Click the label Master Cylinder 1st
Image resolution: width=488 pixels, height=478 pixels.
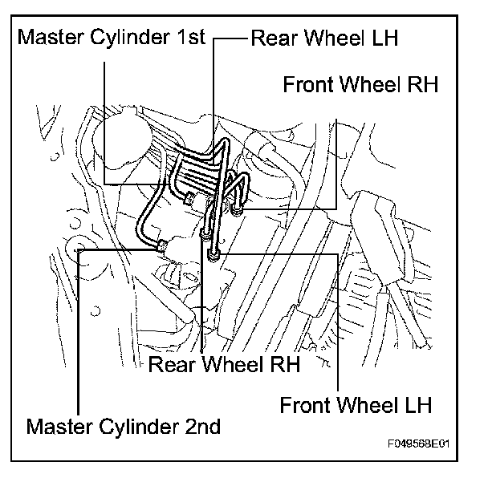pyautogui.click(x=112, y=38)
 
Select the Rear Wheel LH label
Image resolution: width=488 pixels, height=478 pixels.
pyautogui.click(x=324, y=38)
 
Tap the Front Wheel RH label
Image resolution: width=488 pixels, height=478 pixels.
pyautogui.click(x=360, y=84)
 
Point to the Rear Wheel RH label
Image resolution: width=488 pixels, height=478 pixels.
pyautogui.click(x=224, y=364)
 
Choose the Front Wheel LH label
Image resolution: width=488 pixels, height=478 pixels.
pyautogui.click(x=356, y=404)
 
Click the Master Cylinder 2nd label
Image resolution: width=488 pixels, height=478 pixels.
pyautogui.click(x=124, y=427)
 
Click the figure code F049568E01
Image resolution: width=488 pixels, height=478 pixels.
pyautogui.click(x=419, y=444)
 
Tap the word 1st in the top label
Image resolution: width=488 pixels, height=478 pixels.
pyautogui.click(x=191, y=38)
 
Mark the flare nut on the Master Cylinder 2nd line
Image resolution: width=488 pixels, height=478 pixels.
pyautogui.click(x=162, y=245)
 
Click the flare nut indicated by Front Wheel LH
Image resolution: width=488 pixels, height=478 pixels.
pyautogui.click(x=213, y=255)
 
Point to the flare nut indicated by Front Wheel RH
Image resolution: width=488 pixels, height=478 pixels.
pyautogui.click(x=237, y=211)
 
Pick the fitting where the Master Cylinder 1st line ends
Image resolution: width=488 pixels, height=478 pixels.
pyautogui.click(x=190, y=199)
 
